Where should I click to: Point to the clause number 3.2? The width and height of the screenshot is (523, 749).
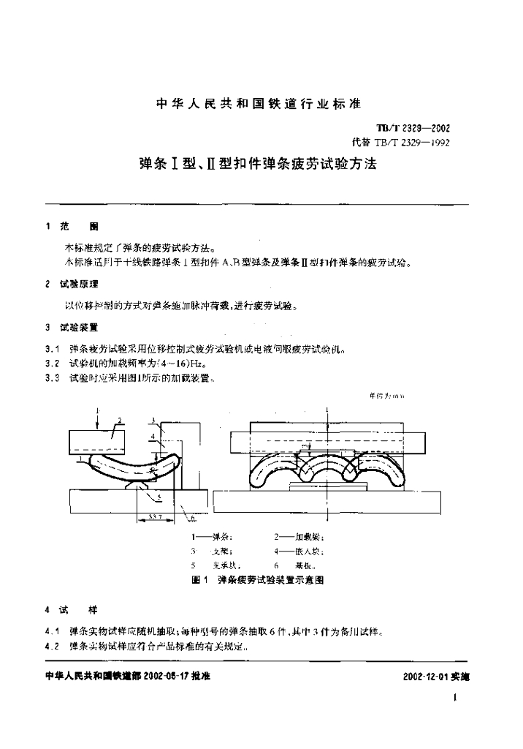tap(51, 363)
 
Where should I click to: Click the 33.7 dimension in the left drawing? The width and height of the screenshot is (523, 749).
tap(153, 518)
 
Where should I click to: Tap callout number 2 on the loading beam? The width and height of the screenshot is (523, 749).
tap(121, 421)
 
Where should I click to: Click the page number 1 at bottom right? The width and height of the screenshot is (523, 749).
tap(455, 700)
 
